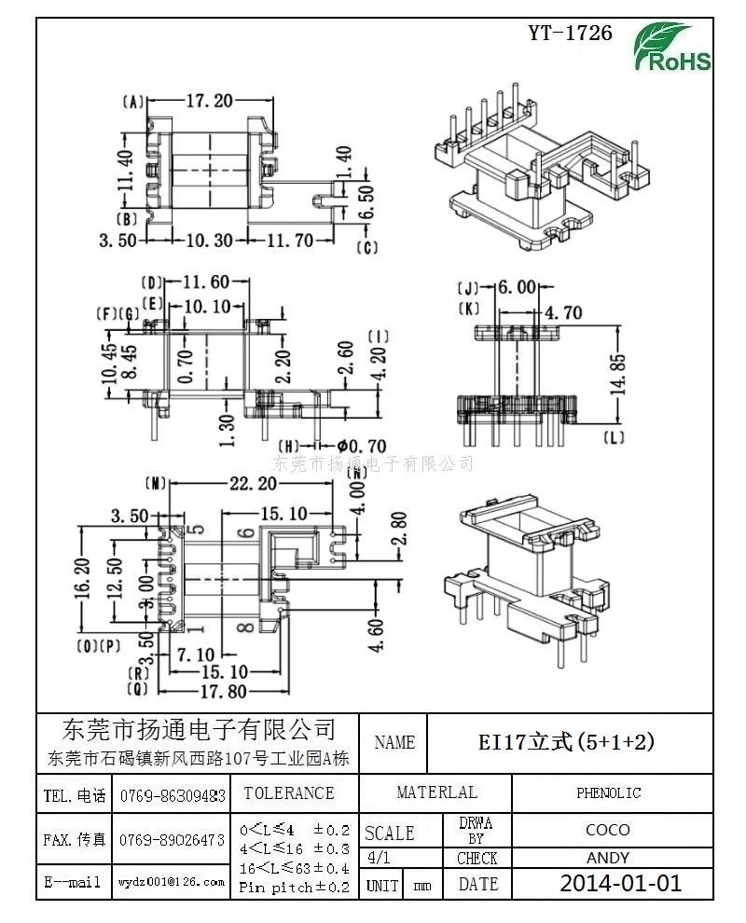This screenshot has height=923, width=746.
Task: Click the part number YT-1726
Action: coord(570,34)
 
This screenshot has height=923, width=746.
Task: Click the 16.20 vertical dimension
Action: coord(82,577)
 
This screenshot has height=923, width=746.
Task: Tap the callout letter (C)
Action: coord(366,247)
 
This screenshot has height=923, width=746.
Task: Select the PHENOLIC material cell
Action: coord(608,793)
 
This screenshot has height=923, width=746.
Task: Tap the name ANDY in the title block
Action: coord(608,858)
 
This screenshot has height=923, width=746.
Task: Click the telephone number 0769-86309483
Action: coord(173,796)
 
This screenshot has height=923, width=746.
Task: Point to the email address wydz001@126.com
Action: coord(171,881)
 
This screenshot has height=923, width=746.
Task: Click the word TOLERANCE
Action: coord(288,793)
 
